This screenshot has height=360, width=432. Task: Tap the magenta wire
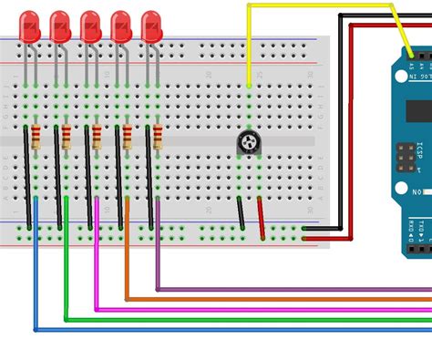(x=228, y=309)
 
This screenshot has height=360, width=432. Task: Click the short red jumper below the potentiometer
(x=262, y=219)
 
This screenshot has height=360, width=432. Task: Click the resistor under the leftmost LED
(x=36, y=138)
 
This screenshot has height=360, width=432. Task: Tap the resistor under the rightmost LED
(x=157, y=138)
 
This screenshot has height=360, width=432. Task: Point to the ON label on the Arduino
(x=417, y=193)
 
